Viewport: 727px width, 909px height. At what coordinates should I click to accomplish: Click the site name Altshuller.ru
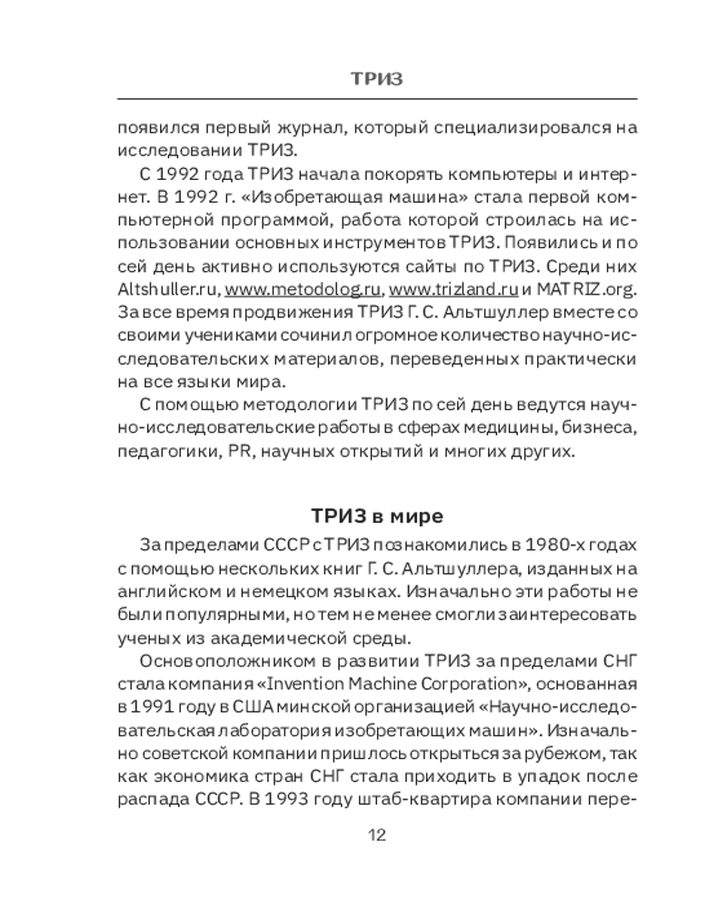[x=167, y=290]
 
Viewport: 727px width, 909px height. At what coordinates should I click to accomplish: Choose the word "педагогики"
[x=162, y=453]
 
